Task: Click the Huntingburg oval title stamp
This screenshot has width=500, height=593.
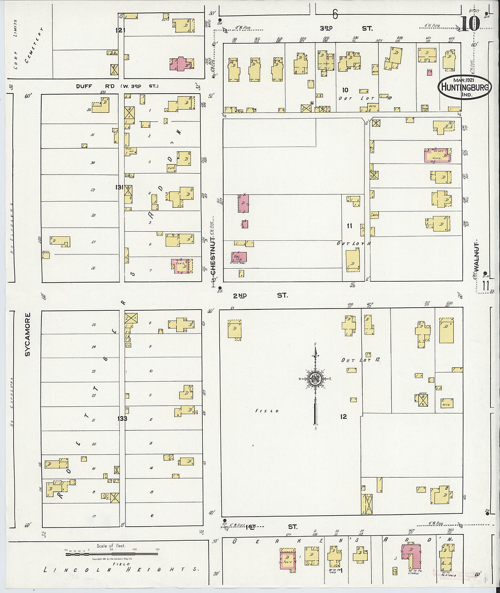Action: tap(465, 87)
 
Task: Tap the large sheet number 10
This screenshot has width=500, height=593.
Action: tap(470, 23)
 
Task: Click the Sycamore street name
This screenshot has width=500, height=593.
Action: tap(27, 334)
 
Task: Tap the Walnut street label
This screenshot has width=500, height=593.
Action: tap(477, 257)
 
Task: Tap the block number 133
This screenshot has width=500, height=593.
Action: tap(122, 419)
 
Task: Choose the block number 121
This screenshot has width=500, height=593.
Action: tap(120, 30)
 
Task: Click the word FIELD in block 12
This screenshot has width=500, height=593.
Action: tap(267, 411)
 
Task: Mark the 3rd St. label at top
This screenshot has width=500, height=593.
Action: tap(348, 29)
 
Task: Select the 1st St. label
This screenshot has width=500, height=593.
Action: tap(271, 527)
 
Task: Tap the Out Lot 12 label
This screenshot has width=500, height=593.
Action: tap(360, 360)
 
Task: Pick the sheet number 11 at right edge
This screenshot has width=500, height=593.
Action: tap(485, 285)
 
